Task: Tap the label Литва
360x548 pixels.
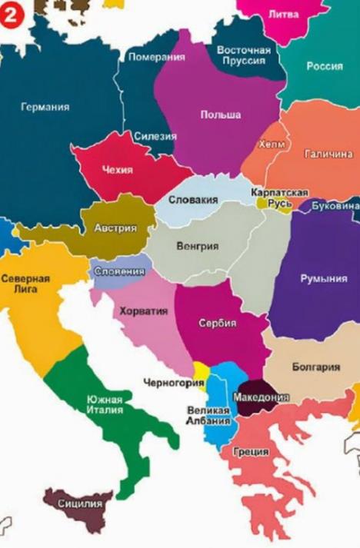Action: click(285, 14)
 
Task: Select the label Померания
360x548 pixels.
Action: click(156, 57)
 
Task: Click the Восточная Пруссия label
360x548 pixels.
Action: click(243, 55)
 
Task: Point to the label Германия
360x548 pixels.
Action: click(45, 107)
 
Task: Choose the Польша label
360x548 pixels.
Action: click(221, 115)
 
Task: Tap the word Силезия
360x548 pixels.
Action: click(155, 136)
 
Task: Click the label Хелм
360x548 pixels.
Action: click(272, 144)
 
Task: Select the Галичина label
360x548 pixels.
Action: click(328, 154)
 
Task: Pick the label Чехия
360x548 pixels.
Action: click(118, 170)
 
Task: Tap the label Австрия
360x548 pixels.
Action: click(115, 228)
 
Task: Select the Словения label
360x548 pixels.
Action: click(118, 271)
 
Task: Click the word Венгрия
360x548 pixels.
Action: click(198, 247)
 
